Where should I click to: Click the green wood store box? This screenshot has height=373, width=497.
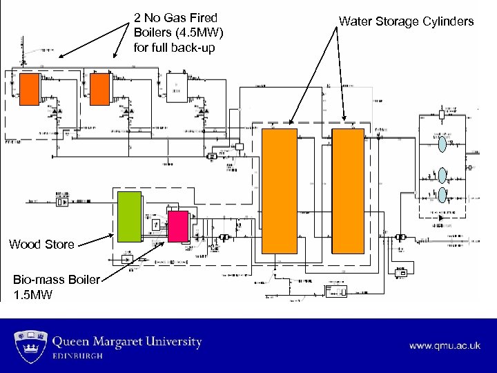[x=128, y=216]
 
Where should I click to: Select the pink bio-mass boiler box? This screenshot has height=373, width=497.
[x=178, y=227]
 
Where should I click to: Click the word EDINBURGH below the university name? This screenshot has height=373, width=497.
[x=78, y=356]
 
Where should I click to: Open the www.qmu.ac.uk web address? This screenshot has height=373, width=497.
[x=445, y=345]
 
